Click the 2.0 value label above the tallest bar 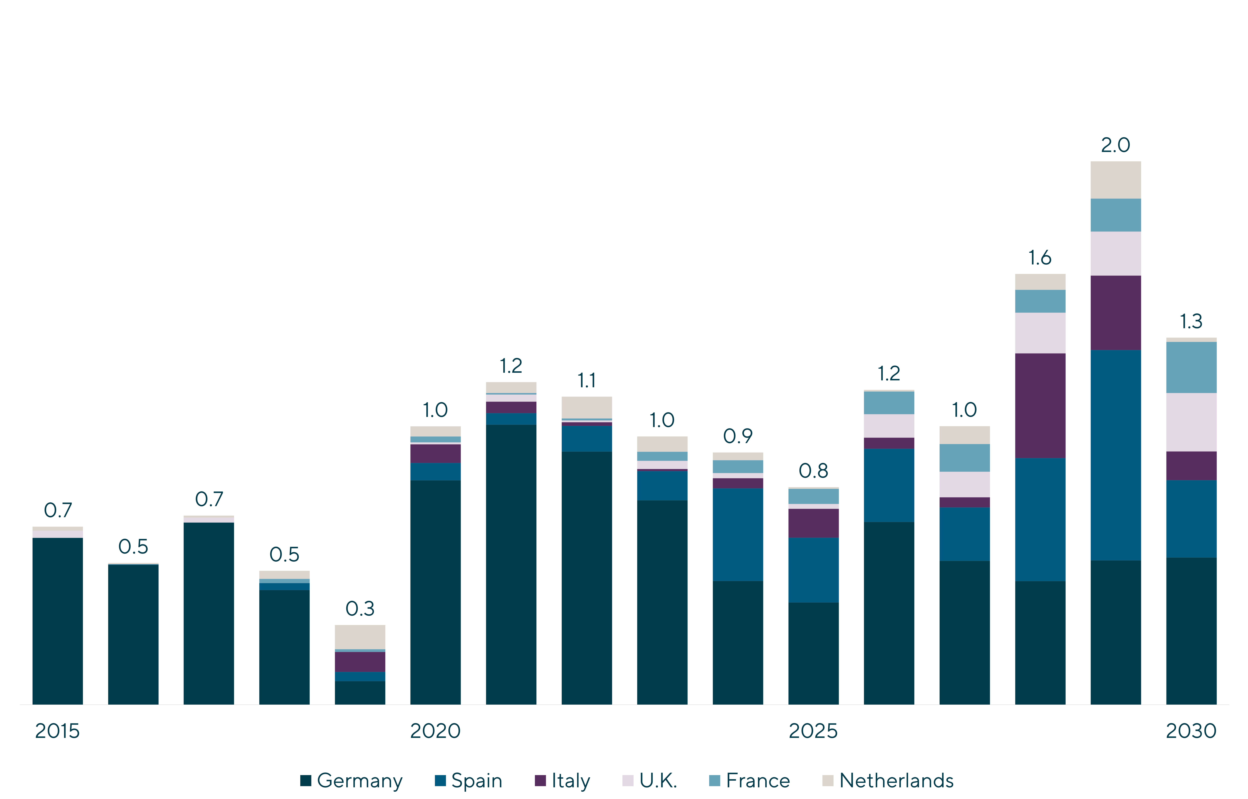point(1115,145)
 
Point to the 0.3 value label point(360,609)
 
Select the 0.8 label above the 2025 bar point(813,471)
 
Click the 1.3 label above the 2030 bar point(1191,322)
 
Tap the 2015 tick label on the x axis point(57,731)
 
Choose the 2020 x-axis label point(435,731)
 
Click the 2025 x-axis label point(813,731)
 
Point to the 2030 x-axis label point(1191,731)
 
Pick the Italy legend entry point(563,780)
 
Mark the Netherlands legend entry point(888,780)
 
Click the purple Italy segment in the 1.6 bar point(1040,406)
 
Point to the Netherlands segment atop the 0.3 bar point(360,637)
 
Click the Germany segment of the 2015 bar point(57,621)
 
